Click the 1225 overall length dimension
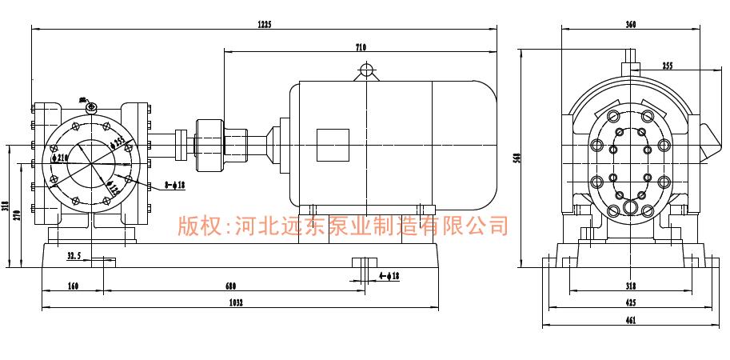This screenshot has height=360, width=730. [265, 24]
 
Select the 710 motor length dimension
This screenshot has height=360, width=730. [361, 48]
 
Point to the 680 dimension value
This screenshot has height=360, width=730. [230, 286]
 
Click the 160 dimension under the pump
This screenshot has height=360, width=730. [74, 286]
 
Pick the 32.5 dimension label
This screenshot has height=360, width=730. [74, 256]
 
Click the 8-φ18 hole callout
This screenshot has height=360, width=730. [175, 185]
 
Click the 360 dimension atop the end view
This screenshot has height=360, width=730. [631, 25]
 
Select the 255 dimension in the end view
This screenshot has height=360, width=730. [668, 66]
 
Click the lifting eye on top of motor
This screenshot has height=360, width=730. [366, 70]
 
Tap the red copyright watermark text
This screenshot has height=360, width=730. [342, 226]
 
